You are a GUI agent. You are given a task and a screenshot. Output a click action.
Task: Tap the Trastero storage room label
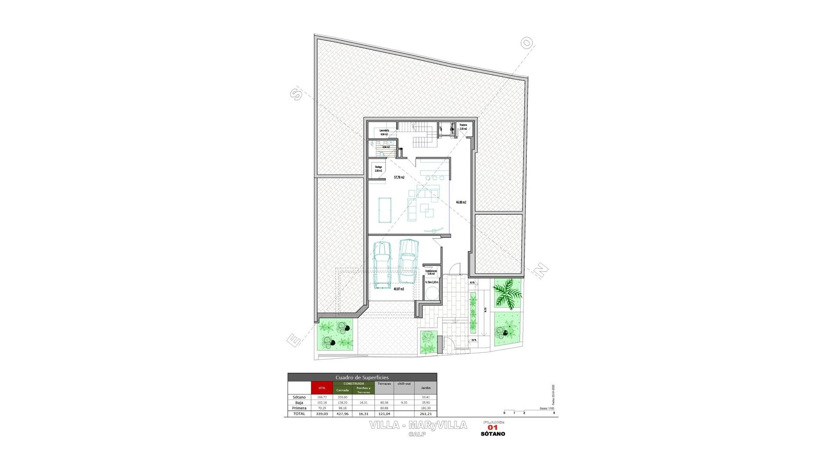(463, 127)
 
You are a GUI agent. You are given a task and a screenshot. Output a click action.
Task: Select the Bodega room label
(378, 169)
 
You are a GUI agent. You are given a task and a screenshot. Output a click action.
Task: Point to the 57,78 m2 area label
(399, 177)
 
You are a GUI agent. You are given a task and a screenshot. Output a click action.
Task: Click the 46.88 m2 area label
(461, 202)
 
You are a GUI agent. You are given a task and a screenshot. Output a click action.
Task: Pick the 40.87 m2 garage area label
(399, 289)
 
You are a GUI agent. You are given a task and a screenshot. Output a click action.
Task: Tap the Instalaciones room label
(431, 272)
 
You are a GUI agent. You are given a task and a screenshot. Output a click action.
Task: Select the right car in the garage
(409, 261)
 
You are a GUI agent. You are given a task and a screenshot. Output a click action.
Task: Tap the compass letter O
(527, 43)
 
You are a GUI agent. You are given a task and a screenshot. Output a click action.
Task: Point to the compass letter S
(296, 94)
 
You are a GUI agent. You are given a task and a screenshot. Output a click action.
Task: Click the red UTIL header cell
(322, 388)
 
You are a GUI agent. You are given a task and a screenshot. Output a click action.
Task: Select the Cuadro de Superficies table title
(362, 377)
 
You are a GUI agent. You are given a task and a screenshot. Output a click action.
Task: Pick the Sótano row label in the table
(299, 397)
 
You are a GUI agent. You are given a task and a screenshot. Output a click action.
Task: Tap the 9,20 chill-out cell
(404, 403)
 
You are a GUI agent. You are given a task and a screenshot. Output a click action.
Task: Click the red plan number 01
(493, 428)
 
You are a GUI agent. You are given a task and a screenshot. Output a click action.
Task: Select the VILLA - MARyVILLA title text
(418, 425)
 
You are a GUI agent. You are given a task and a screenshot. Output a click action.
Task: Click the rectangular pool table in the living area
(385, 210)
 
